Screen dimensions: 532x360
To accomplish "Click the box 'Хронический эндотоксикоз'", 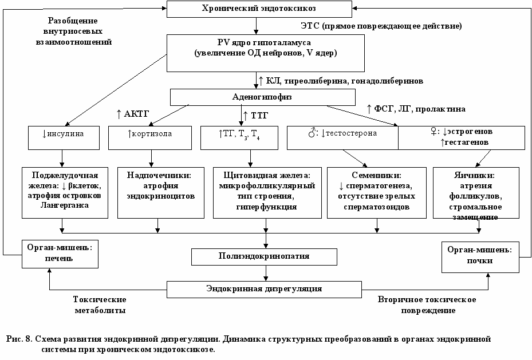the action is click(259, 9).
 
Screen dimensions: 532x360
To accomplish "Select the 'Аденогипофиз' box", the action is click(263, 97).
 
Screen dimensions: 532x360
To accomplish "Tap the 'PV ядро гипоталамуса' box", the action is click(266, 53).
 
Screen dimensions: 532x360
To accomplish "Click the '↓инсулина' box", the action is click(64, 138).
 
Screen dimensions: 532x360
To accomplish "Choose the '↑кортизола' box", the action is click(150, 138).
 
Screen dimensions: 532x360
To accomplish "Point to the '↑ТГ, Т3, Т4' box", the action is click(239, 138).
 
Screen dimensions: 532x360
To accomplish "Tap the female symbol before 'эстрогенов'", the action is click(434, 132).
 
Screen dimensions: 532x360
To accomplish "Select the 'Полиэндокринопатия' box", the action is click(265, 257).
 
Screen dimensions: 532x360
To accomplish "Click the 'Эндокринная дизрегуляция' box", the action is click(265, 290).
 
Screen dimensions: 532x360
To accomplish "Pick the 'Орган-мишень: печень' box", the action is click(60, 254).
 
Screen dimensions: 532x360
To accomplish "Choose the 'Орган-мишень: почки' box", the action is click(480, 257).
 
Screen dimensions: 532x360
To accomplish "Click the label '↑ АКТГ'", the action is click(133, 114).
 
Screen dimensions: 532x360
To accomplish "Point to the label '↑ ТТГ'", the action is click(255, 116).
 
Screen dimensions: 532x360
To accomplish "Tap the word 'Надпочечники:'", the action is click(159, 175).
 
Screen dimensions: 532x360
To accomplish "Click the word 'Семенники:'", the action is click(377, 175).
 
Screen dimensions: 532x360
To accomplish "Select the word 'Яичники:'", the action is click(474, 175).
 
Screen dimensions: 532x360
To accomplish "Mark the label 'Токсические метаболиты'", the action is click(100, 304).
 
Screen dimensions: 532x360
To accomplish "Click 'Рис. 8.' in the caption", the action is click(19, 339).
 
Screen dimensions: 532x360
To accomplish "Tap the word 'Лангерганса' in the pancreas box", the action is click(65, 205).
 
